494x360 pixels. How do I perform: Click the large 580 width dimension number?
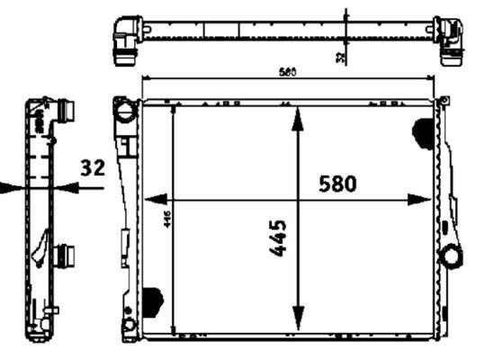(x=337, y=184)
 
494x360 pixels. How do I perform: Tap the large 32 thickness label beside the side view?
(x=93, y=168)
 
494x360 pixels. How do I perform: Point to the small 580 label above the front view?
(x=289, y=71)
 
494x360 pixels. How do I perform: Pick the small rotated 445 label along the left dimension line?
(x=166, y=220)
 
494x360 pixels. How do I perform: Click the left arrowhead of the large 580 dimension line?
(x=152, y=199)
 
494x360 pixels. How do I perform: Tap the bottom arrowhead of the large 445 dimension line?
(x=297, y=320)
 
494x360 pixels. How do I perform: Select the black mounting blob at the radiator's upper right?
(x=421, y=132)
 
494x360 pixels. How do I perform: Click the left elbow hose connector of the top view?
(x=126, y=36)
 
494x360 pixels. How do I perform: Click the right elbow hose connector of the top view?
(x=448, y=36)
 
